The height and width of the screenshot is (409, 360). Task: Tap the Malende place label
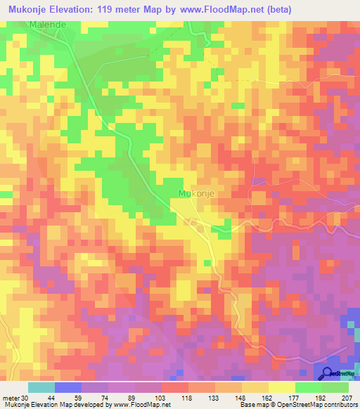(47, 25)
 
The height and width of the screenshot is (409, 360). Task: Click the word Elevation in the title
(74, 9)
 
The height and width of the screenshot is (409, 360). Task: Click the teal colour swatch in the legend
(41, 388)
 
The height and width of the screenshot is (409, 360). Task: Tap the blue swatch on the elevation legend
(68, 388)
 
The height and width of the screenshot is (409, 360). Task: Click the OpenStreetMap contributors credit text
(309, 404)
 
